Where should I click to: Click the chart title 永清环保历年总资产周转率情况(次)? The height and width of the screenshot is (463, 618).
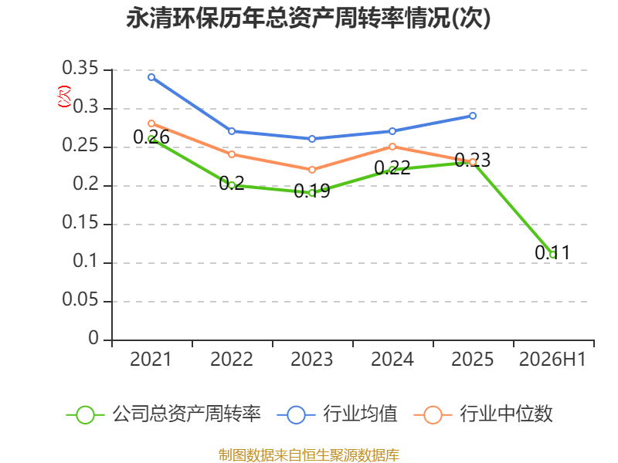308,18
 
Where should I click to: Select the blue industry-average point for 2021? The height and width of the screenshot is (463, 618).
151,77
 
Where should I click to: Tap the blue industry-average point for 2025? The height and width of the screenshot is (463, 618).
473,116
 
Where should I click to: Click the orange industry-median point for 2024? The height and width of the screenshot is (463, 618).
392,147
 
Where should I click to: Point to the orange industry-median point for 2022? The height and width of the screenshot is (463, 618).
232,154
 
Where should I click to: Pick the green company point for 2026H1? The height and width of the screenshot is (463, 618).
553,255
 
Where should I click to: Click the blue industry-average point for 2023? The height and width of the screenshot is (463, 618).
312,139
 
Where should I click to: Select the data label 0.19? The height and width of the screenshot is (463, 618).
312,191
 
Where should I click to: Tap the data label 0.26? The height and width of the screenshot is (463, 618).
151,137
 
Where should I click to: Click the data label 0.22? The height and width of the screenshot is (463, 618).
392,167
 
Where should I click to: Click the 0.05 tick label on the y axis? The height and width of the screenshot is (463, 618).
80,299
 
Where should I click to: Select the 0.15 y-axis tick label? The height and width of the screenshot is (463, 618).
80,222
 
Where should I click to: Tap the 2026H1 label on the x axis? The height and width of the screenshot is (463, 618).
552,359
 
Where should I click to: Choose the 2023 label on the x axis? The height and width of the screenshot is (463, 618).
312,359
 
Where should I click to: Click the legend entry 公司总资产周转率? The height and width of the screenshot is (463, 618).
164,414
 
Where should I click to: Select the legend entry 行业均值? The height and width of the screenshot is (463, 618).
338,414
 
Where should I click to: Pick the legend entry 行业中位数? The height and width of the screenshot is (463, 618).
484,414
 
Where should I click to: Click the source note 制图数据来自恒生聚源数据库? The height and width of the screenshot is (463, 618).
309,455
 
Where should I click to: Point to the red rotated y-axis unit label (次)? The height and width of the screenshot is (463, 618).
65,96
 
